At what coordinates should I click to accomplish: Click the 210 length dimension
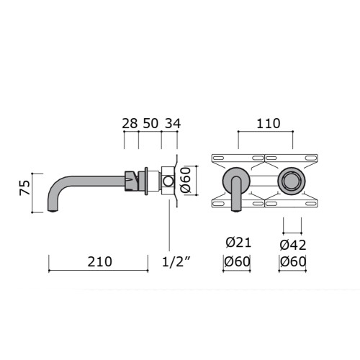[x=99, y=262]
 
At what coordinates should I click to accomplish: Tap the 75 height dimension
[x=25, y=188]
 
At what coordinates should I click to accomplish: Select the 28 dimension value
[x=130, y=124]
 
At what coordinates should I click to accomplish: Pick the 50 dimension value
[x=150, y=124]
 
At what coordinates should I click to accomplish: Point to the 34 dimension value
[x=173, y=124]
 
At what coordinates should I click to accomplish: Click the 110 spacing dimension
[x=269, y=124]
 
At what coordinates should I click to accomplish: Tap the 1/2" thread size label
[x=176, y=262]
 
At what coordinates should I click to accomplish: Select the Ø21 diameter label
[x=238, y=243]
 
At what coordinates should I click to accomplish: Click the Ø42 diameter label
[x=293, y=245]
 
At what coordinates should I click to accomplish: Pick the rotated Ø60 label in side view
[x=186, y=180]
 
